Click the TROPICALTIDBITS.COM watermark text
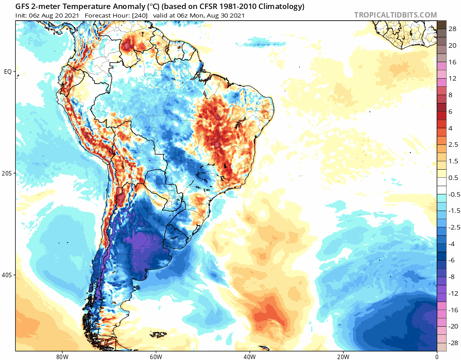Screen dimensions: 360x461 pos(395,15)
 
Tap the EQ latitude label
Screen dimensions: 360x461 pos(8,72)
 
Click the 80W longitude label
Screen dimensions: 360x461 pos(62,355)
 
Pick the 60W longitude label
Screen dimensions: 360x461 pos(156,355)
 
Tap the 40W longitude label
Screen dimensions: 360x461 pos(249,355)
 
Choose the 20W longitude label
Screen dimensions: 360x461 pos(343,355)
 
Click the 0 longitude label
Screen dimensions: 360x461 pos(437,355)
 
